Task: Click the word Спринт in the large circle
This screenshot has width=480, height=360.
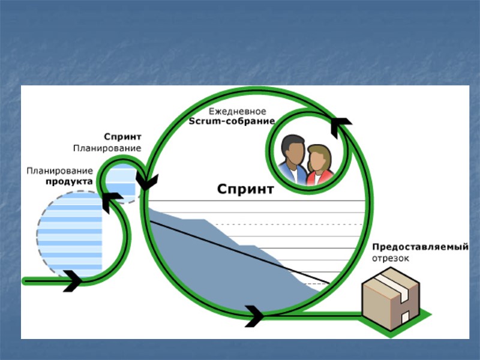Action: click(x=245, y=190)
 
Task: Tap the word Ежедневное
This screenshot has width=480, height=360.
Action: click(x=237, y=112)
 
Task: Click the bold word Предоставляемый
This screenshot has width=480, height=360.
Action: click(x=419, y=247)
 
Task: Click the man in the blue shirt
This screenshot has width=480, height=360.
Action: click(x=292, y=159)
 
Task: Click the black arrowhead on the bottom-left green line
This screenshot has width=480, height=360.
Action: click(x=72, y=280)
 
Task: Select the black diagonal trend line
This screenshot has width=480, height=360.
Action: click(x=240, y=253)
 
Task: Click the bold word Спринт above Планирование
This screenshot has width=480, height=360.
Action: click(x=122, y=137)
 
